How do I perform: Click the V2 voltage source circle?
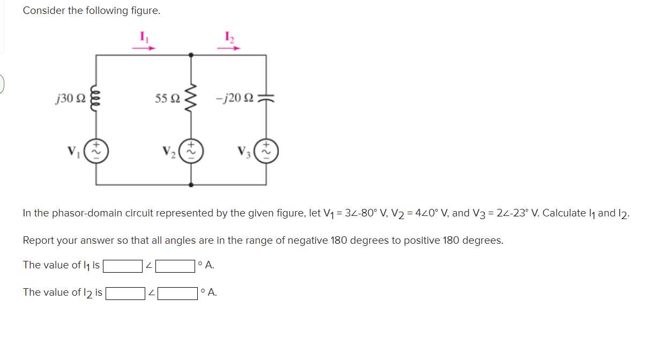191,151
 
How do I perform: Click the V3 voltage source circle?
266,151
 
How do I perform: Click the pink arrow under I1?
144,48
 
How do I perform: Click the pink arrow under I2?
229,48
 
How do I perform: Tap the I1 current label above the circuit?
144,37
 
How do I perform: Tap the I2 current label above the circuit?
229,37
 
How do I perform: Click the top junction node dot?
191,55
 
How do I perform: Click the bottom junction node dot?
191,184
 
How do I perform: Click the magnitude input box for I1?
123,266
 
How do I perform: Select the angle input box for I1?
175,266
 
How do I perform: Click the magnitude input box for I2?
125,293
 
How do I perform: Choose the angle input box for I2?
177,293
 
